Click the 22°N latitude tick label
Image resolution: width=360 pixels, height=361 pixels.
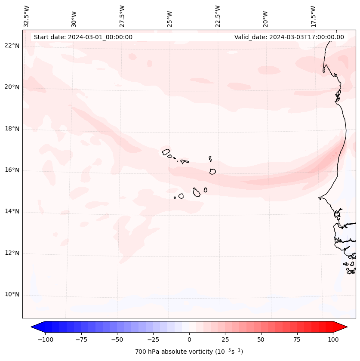[x=12, y=46]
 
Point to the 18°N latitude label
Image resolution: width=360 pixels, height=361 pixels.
[x=12, y=129]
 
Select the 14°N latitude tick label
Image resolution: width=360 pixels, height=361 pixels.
[x=12, y=212]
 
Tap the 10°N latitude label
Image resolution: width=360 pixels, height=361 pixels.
[x=12, y=295]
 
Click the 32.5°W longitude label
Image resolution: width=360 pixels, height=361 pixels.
[x=27, y=16]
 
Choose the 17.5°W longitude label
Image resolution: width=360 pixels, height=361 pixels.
[x=313, y=16]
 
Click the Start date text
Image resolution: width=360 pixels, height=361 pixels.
[x=83, y=37]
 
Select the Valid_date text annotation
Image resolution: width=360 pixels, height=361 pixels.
[x=289, y=37]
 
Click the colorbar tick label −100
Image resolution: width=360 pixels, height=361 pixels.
[x=45, y=339]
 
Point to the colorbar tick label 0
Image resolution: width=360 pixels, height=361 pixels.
[x=189, y=339]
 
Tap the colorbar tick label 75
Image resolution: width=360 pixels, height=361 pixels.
[x=297, y=339]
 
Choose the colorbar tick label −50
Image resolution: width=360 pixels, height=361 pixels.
[x=117, y=339]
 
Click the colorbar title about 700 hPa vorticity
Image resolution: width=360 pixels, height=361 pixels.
[x=189, y=352]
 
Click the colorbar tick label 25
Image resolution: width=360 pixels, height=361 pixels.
[x=225, y=339]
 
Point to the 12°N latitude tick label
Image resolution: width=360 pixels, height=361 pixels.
[x=12, y=253]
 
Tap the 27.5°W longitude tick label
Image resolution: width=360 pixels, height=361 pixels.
[x=122, y=16]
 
